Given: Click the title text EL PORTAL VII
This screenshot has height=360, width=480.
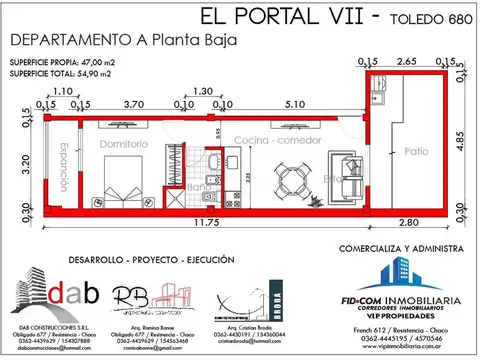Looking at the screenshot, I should click(275, 17).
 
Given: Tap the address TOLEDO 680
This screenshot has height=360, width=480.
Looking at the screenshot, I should click(427, 19).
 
